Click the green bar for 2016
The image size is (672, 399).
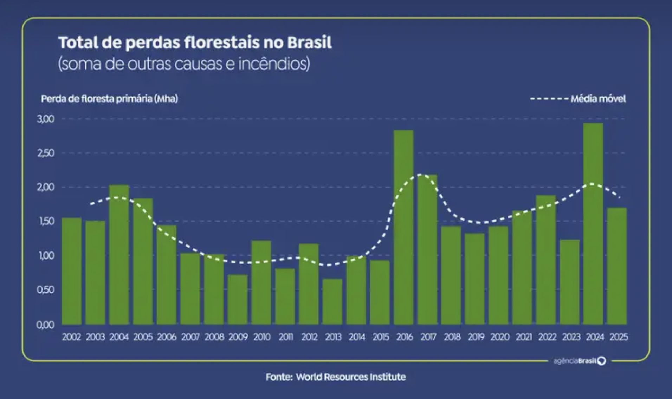(x=403, y=228)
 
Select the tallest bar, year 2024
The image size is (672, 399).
(x=593, y=225)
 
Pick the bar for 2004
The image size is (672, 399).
(x=119, y=255)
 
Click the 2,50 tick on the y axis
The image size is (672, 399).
(x=46, y=153)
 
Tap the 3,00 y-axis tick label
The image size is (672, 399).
(x=46, y=119)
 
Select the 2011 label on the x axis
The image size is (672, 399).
(x=286, y=337)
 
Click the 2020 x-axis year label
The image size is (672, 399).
(x=500, y=337)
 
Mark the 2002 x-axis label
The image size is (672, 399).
(x=71, y=337)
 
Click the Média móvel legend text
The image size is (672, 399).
(x=598, y=99)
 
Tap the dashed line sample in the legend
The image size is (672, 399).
(x=549, y=99)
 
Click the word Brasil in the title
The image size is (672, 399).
(x=309, y=43)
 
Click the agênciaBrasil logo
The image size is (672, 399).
(x=579, y=361)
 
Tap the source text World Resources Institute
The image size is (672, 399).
(x=351, y=377)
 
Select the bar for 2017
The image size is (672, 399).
(x=427, y=249)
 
